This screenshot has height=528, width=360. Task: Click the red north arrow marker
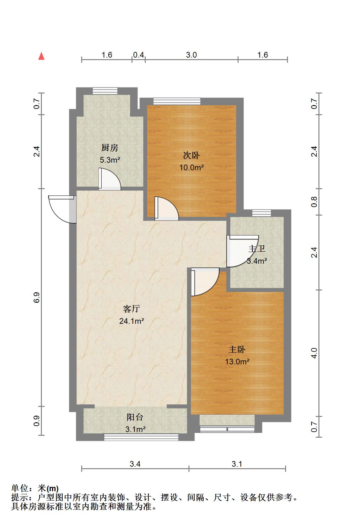pos(41,56)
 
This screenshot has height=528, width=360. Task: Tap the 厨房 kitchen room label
pos(110,148)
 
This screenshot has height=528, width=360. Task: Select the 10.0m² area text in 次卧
pos(191,167)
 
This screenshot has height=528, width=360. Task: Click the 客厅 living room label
pos(131,309)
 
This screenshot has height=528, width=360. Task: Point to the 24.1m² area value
pos(132,321)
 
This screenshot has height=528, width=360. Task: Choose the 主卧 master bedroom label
pos(237,350)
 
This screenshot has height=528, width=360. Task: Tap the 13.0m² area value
pos(237,362)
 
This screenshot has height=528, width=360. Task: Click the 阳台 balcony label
pos(135,417)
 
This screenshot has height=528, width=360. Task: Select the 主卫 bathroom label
pos(256,249)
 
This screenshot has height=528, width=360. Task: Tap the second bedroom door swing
pos(166,209)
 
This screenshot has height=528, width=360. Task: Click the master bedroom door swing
pos(205,281)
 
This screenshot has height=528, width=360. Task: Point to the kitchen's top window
pos(105,91)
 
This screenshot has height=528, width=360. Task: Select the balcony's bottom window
pos(141,437)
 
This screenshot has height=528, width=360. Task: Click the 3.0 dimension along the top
pos(191,55)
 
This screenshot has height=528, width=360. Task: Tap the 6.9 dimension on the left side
pos(37,297)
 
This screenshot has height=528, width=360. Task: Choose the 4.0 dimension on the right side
pos(314,353)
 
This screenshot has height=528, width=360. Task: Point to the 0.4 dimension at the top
pos(138,55)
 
